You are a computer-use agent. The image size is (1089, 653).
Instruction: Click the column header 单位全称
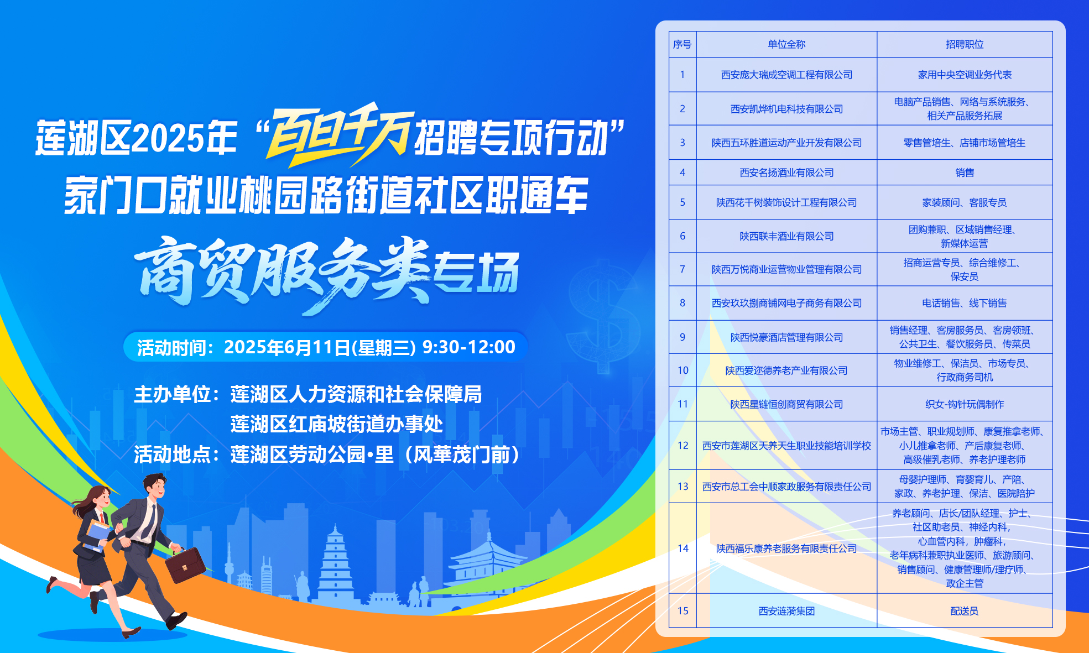(x=786, y=44)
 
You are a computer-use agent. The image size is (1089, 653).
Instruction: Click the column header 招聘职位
(x=965, y=44)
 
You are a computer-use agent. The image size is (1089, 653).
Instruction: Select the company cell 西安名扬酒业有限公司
(x=786, y=173)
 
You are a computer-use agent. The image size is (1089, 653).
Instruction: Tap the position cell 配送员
(x=965, y=611)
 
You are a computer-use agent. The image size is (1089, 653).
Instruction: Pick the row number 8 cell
(x=682, y=303)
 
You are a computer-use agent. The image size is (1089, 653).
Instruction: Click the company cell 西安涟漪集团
(x=786, y=611)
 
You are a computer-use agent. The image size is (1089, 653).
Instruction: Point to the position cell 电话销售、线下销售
(x=965, y=303)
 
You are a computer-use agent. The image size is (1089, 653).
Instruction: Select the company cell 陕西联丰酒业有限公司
(x=786, y=236)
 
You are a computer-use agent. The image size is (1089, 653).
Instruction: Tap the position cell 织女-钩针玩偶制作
(x=965, y=404)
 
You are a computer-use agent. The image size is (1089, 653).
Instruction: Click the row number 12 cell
(x=682, y=446)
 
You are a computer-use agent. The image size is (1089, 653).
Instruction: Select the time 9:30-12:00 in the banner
(x=468, y=347)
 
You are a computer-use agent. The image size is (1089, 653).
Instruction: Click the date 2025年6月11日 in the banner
(x=287, y=347)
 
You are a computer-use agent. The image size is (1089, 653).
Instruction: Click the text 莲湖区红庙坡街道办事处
(x=337, y=424)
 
